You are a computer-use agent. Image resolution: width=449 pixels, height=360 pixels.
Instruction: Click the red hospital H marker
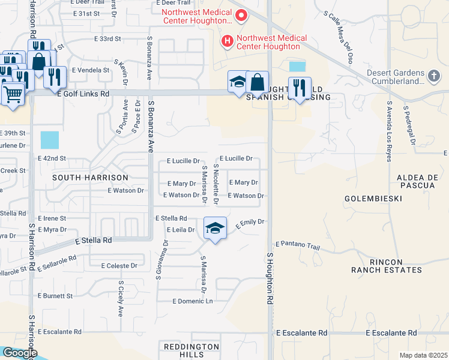coord(228,41)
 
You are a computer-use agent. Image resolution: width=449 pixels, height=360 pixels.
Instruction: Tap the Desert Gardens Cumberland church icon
coord(435,76)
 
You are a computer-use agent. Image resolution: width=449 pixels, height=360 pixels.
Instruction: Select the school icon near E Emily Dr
coord(215,228)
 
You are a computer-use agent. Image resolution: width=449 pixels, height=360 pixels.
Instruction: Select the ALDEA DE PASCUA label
coord(415,181)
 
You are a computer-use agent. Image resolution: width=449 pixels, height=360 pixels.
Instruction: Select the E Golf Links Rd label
coord(83,94)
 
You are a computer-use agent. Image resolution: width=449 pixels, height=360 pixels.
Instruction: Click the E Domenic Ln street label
coord(193,301)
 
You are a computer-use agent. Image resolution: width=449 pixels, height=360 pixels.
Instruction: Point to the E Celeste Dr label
coord(119,265)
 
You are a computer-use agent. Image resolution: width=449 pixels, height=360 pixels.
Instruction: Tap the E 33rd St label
coord(107,38)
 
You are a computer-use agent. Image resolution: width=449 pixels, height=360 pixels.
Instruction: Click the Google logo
coord(19,353)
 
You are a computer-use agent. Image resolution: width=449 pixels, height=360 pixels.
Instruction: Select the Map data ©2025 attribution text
coord(423,355)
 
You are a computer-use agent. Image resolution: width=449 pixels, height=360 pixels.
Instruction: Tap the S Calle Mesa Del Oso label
coord(337,37)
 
